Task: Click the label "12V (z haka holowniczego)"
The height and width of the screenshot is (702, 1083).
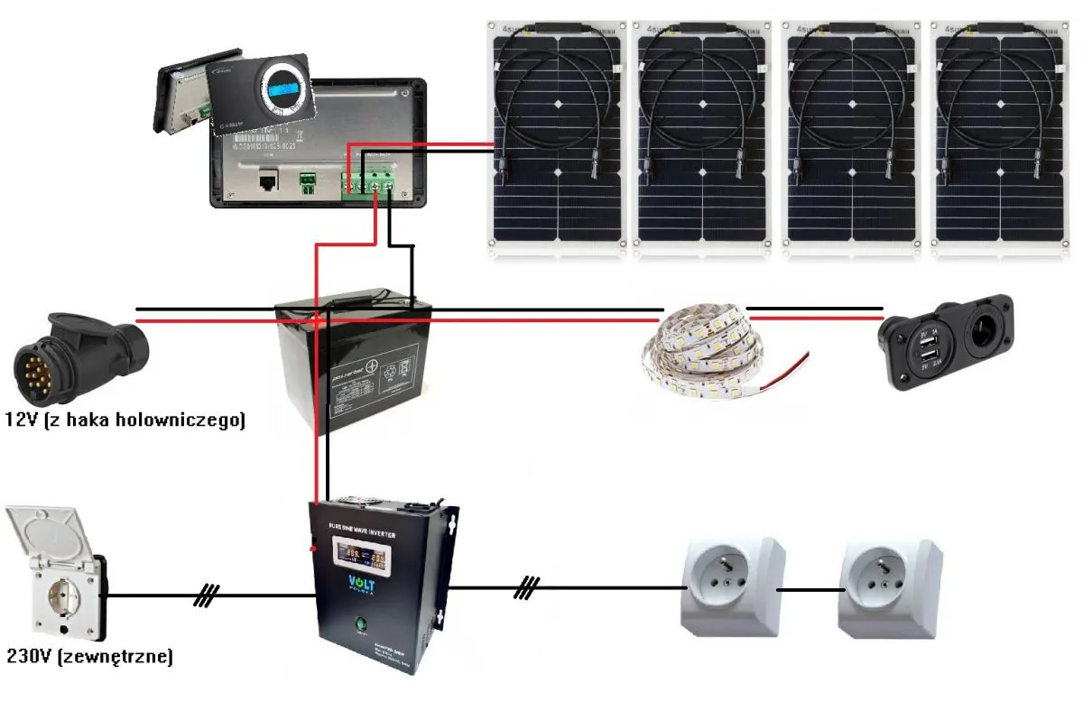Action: point(125,420)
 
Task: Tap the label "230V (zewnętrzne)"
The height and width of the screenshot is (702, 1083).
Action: point(88,657)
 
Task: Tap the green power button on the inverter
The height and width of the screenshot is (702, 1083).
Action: point(361,623)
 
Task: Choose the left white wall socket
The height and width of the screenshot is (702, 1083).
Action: point(732,587)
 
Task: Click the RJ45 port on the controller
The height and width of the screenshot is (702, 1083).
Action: point(268,182)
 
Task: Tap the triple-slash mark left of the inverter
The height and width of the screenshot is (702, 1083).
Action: point(208,595)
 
